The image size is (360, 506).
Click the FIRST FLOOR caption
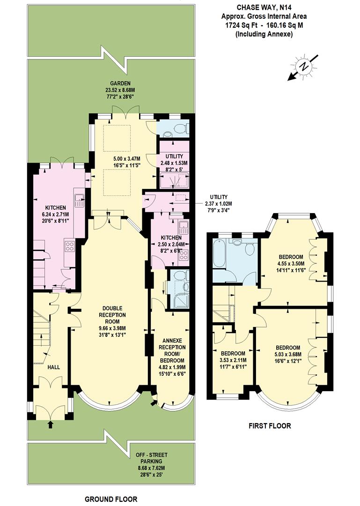[270, 426]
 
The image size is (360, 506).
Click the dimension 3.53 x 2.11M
[233, 360]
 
